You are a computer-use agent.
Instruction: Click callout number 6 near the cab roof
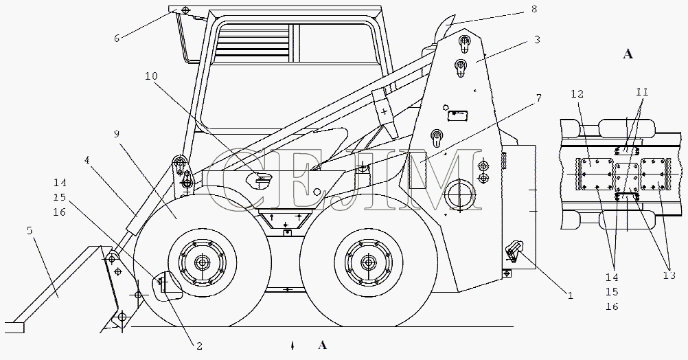(117, 38)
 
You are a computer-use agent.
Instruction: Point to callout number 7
(538, 98)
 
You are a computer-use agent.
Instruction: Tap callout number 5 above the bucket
(29, 232)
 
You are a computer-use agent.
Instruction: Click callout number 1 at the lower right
(569, 297)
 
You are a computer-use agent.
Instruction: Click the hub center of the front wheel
(203, 263)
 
